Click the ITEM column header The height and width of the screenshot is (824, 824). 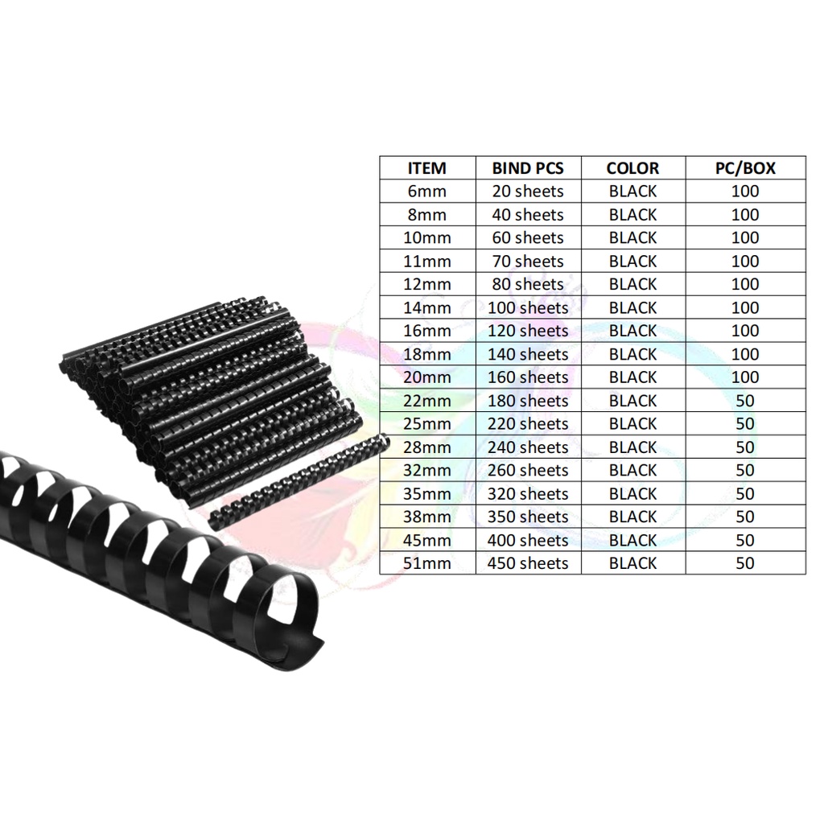click(426, 168)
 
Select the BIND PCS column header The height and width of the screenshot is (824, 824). click(528, 168)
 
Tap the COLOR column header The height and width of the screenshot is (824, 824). click(632, 168)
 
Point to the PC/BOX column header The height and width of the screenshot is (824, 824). click(745, 168)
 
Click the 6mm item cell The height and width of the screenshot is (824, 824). click(426, 192)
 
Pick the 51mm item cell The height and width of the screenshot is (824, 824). click(426, 563)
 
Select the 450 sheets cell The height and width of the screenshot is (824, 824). click(528, 563)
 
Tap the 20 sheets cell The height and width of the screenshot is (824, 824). click(528, 192)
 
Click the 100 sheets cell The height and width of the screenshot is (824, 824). click(528, 307)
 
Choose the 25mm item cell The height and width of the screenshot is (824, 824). click(426, 424)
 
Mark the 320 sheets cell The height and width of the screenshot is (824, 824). click(528, 493)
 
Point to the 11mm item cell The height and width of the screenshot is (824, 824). click(426, 262)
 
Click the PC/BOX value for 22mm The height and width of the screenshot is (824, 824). click(745, 401)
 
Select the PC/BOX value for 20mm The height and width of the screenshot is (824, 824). click(745, 377)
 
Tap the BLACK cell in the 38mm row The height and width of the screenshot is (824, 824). click(632, 517)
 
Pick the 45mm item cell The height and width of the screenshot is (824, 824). click(426, 540)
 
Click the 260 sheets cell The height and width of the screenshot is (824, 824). click(528, 470)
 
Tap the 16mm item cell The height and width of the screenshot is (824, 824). click(426, 331)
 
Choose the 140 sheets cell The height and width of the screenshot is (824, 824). click(528, 354)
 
